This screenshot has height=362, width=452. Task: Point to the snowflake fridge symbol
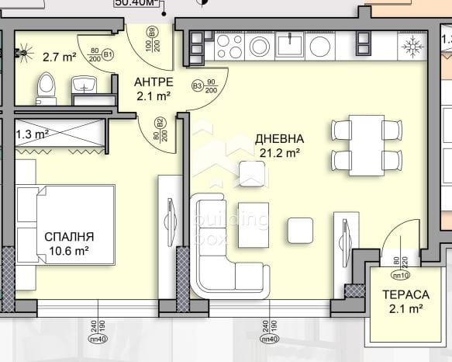(x=411, y=46)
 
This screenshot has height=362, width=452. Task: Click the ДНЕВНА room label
(x=279, y=139)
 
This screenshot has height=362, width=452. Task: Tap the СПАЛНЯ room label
(x=69, y=236)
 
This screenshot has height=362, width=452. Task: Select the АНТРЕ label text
(x=153, y=82)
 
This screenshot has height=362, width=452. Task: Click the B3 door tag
(x=197, y=85)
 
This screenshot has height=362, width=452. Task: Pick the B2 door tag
(x=158, y=123)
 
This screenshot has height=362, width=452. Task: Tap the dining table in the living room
(x=364, y=143)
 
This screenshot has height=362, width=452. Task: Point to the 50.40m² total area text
(x=136, y=2)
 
